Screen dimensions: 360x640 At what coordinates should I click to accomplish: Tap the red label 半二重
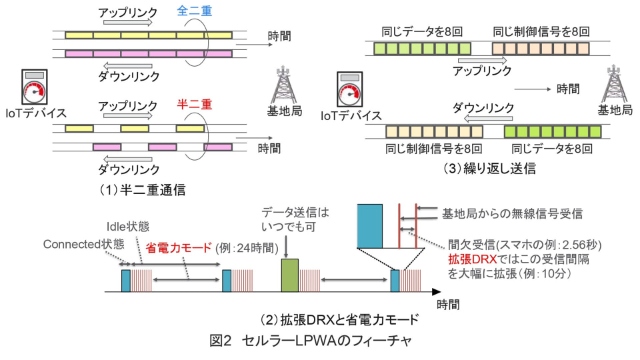click(193, 105)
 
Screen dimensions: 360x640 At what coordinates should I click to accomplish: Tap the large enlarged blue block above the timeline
click(370, 225)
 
